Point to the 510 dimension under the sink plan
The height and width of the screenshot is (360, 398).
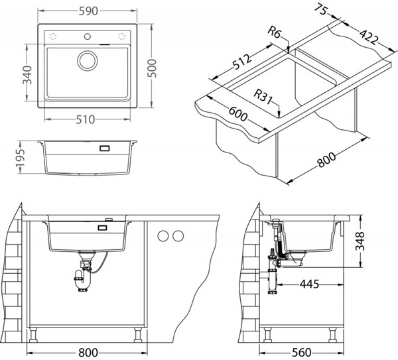[x=86, y=119]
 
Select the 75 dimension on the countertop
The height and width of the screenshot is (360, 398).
[x=322, y=11]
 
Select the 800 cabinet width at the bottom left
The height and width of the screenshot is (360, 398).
[x=87, y=352]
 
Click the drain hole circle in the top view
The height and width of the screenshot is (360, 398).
[x=87, y=60]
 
